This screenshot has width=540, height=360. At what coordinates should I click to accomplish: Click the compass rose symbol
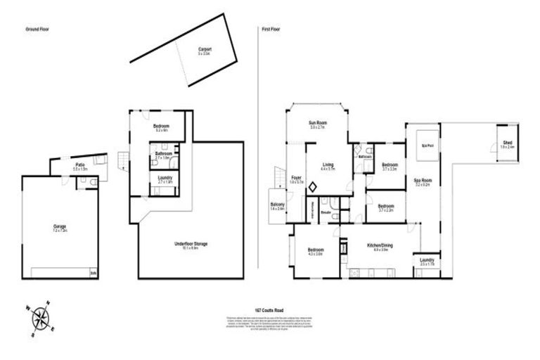point(41,319)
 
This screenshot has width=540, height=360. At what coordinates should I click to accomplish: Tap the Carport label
point(205,50)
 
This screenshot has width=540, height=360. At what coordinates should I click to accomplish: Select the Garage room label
point(60,227)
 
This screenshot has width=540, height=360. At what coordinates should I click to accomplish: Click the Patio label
point(79,166)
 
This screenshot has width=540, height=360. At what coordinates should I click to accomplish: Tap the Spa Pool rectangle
point(425,146)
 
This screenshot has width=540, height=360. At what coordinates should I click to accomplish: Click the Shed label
point(507,143)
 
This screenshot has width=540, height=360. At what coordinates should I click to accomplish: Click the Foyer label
point(297,179)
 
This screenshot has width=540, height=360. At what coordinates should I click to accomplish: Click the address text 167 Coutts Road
point(270,309)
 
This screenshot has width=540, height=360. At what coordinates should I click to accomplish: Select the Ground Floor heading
point(37,30)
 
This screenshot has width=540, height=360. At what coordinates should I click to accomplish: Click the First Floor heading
point(271,30)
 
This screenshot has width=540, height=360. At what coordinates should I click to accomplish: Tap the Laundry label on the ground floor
point(165,179)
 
